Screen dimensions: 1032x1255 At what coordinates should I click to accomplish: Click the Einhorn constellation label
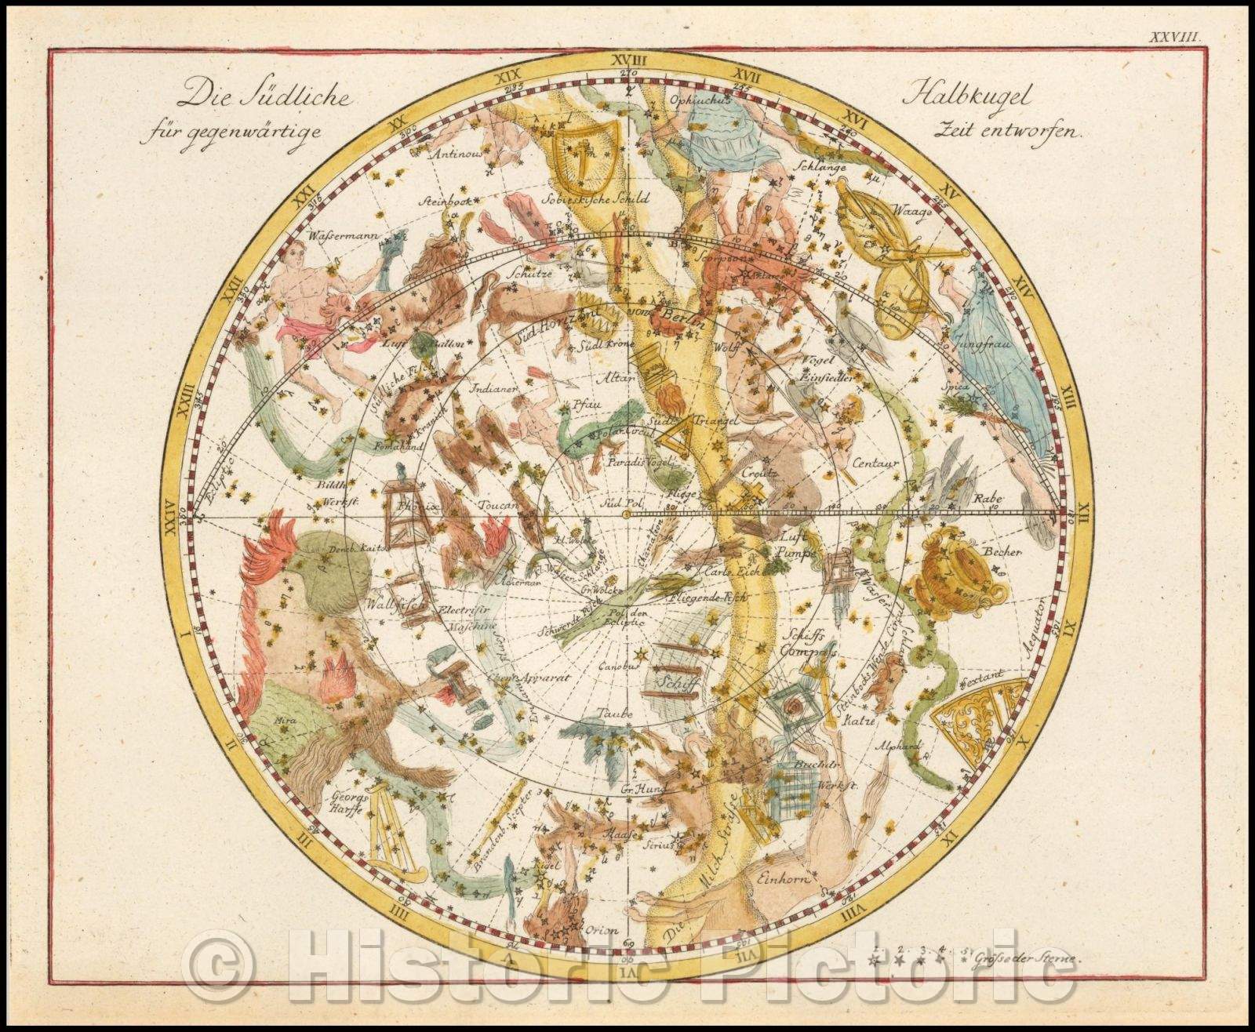(781, 879)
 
